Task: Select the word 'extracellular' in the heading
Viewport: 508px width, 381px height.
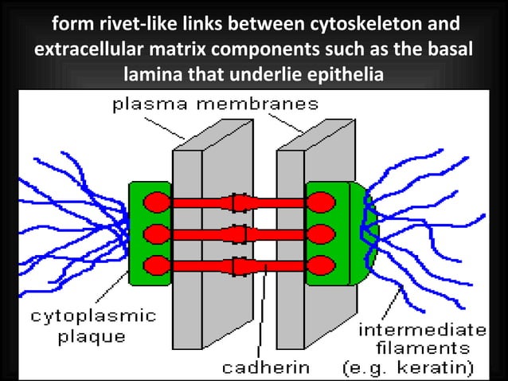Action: (86, 47)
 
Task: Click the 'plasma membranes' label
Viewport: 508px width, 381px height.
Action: (216, 104)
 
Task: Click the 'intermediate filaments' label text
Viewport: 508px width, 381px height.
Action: (423, 339)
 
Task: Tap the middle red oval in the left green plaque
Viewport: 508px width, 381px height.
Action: (156, 234)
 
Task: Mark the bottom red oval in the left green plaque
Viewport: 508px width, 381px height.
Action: (156, 265)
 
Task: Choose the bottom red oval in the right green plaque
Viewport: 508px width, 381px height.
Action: (321, 265)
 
